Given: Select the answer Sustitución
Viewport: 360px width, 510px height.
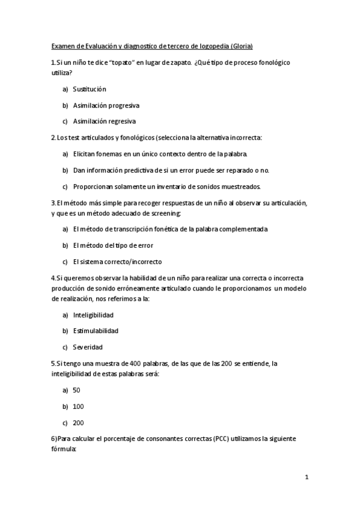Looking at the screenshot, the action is point(90,89).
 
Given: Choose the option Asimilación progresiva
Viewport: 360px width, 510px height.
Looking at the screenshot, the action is point(106,105).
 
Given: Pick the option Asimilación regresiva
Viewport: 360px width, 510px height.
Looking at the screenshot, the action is point(105,121).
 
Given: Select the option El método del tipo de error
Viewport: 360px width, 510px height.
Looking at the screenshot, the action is point(113,245).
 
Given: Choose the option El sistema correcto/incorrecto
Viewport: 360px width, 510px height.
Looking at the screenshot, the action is point(117,262).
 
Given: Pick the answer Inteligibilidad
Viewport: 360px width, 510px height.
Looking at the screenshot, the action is point(93,315).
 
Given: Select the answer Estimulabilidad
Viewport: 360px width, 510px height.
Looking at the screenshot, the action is point(96,331).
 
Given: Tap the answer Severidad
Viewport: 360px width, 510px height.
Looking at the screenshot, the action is point(88,347).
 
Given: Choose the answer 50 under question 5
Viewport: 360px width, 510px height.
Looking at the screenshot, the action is point(76,390).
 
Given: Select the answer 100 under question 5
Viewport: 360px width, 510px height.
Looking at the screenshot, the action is point(78,407).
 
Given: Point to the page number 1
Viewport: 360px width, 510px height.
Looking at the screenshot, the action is point(307,477).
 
